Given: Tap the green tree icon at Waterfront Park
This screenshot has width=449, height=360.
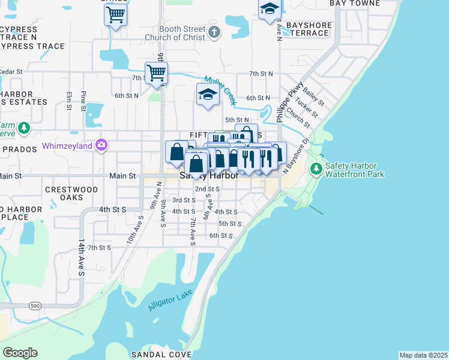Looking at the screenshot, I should pyautogui.click(x=316, y=169).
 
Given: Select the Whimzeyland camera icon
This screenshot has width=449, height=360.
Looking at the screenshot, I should pyautogui.click(x=101, y=145).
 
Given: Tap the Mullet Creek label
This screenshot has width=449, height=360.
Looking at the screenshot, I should pyautogui.click(x=220, y=89).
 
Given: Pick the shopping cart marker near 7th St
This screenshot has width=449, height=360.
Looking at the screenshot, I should pyautogui.click(x=156, y=73).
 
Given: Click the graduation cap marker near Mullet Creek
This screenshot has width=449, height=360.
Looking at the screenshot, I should pyautogui.click(x=208, y=94).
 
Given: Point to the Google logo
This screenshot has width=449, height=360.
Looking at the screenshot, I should pyautogui.click(x=20, y=353).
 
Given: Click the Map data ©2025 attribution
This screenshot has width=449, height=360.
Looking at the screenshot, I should pyautogui.click(x=423, y=355).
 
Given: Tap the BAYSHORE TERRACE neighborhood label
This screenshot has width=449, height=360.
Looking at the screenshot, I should pyautogui.click(x=307, y=29).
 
